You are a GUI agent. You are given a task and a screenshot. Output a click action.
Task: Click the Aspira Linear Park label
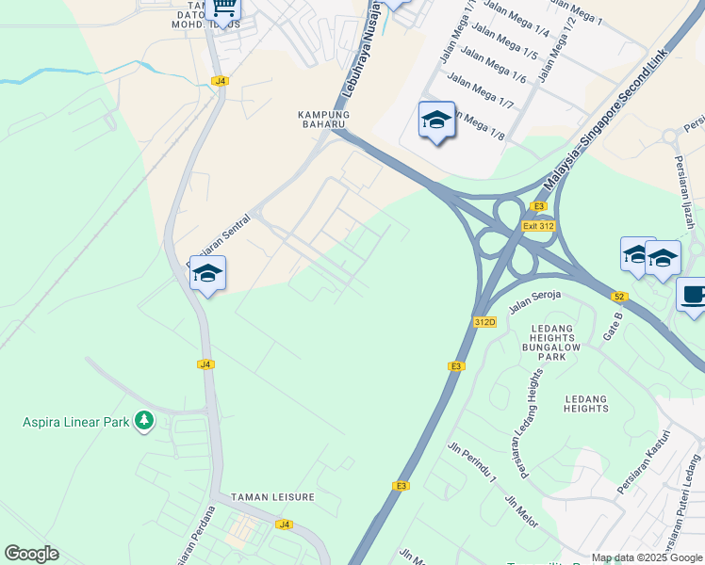click(75, 422)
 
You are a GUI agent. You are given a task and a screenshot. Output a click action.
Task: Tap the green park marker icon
click(144, 421)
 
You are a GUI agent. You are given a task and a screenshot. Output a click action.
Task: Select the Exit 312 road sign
click(539, 226)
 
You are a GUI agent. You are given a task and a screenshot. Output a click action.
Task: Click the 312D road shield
click(484, 321)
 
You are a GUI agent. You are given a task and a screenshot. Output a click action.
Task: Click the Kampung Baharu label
click(324, 120)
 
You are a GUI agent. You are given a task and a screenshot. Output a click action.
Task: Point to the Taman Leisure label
click(275, 496)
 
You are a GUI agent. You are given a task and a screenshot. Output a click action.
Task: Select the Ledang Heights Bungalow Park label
click(558, 342)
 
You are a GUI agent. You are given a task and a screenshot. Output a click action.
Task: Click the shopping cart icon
click(223, 8)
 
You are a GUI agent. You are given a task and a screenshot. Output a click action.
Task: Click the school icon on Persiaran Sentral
click(207, 273)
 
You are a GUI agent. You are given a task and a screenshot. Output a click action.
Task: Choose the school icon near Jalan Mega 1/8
click(436, 120)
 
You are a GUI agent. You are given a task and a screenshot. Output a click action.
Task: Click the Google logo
click(31, 554)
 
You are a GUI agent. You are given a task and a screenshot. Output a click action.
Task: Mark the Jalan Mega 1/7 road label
click(481, 91)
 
